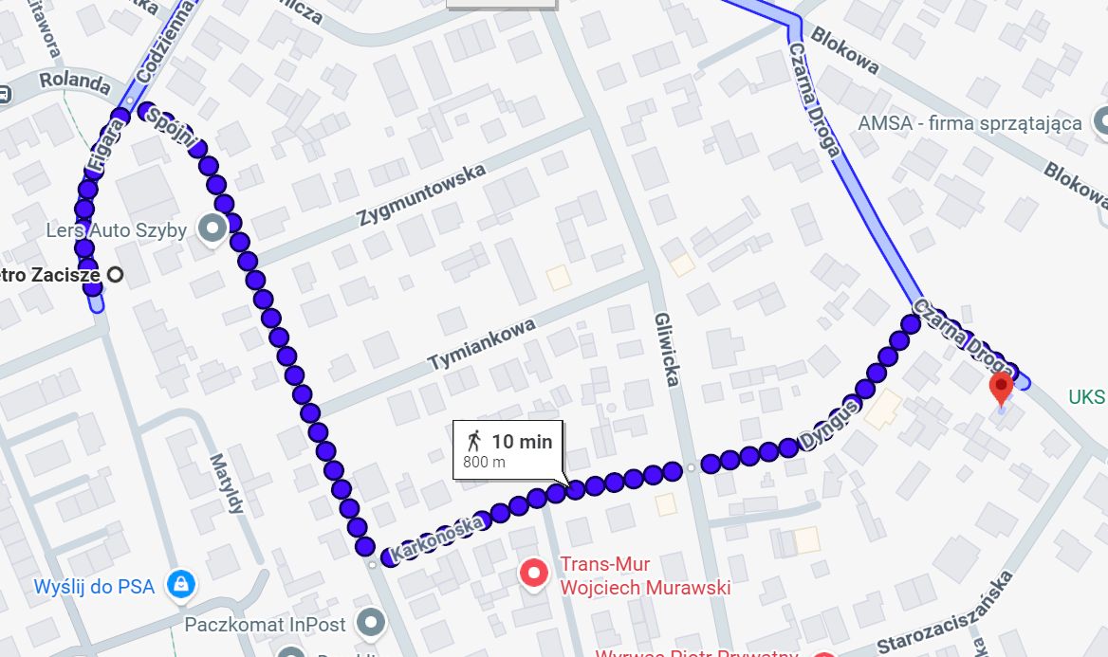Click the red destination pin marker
(1001, 388)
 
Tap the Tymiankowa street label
(482, 344)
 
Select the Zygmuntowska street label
(422, 195)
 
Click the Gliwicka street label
(666, 350)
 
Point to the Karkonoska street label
(437, 537)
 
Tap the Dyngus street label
(829, 424)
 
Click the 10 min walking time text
(521, 441)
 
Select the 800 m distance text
(484, 463)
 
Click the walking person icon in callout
(473, 440)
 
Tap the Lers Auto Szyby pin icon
(211, 228)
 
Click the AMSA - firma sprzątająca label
(969, 123)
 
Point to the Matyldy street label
(229, 484)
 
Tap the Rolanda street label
(75, 82)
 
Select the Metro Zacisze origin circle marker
(116, 275)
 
